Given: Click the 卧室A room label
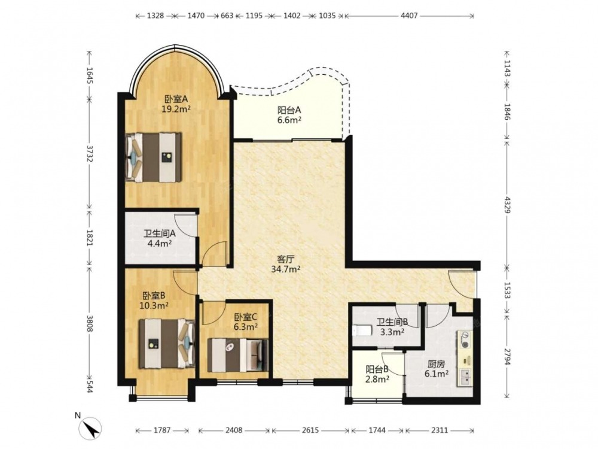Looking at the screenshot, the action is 176,99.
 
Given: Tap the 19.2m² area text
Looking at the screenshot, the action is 176,109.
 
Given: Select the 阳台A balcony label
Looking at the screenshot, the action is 289,110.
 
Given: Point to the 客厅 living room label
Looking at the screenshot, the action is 286,260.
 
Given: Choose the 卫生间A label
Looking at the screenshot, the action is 160,233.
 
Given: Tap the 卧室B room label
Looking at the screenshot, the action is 154,296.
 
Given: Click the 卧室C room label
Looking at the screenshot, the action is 246,317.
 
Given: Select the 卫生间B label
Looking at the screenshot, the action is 392,322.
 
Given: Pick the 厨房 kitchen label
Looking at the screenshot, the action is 437,364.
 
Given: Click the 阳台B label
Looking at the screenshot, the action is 377,369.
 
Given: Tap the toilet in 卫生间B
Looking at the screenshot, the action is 362,330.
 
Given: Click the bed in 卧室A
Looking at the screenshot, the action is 153,157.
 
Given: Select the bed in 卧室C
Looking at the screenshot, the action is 238,355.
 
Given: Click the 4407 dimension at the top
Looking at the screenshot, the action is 409,16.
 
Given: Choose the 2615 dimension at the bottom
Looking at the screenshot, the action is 310,430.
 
